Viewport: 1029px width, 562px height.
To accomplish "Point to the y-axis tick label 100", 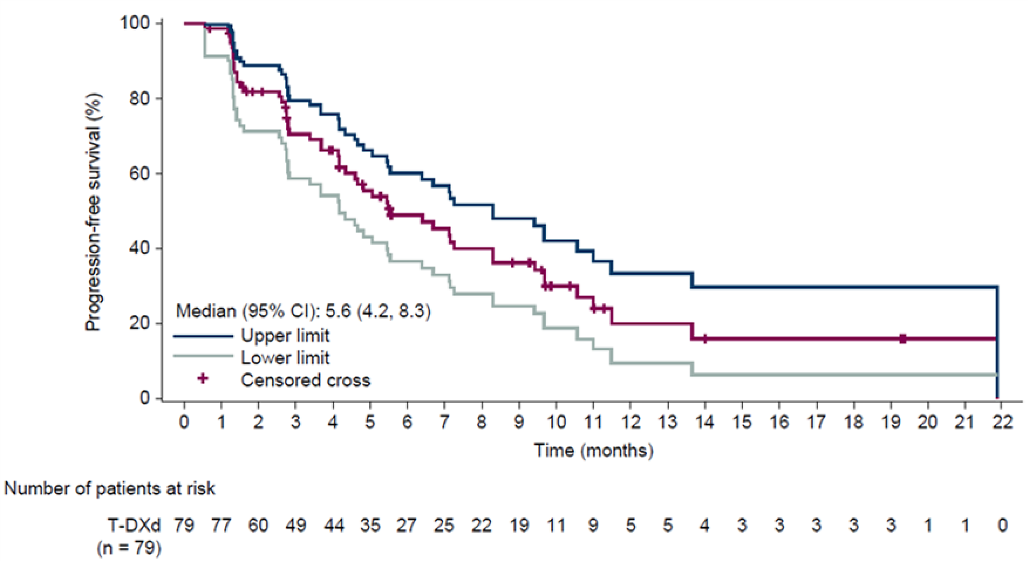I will [135, 23].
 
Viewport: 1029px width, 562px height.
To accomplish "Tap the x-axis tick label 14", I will [704, 421].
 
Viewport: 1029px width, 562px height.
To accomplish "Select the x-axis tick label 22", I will [1002, 421].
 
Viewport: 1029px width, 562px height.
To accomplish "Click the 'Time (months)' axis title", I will [594, 450].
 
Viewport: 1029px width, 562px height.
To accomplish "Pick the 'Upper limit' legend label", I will [285, 336].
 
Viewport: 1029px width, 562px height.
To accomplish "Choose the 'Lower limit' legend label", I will [285, 358].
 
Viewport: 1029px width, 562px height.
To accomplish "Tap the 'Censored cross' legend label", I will [306, 380].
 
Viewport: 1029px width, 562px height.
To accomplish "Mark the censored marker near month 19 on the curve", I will [903, 339].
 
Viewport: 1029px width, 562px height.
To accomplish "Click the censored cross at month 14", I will [705, 339].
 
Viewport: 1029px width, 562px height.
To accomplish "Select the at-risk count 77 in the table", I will [221, 525].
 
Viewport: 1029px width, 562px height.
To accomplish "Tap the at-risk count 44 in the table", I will [333, 525].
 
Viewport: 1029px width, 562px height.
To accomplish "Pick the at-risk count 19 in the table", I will [519, 525].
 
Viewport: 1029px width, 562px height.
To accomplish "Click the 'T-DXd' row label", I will [134, 525].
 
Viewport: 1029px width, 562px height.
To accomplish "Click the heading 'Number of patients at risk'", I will [110, 489].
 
